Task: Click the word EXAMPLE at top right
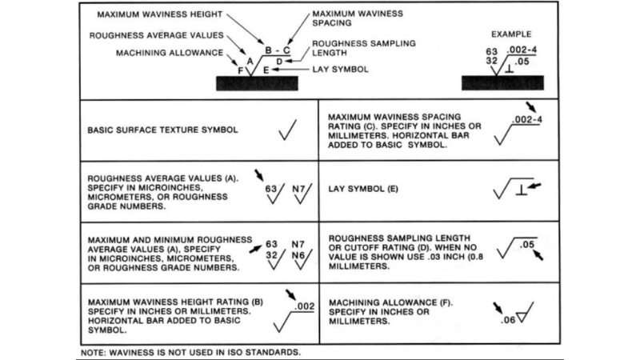(511, 36)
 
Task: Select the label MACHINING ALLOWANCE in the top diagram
(164, 53)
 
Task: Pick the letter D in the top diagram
(279, 61)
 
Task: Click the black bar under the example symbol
(503, 82)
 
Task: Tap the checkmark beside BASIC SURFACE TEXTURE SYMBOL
(286, 130)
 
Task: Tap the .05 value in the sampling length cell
(527, 246)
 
